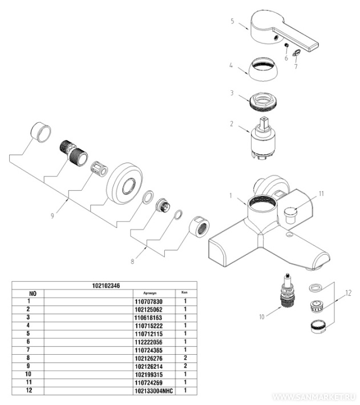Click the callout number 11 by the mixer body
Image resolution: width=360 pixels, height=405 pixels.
coord(321,194)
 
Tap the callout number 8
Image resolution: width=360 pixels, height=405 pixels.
coord(132,261)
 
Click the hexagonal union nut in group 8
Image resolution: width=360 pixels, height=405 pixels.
coord(199,227)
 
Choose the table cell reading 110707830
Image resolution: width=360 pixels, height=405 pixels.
coord(148,301)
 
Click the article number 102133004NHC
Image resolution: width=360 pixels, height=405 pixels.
coord(148,390)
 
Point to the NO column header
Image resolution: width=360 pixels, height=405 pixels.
coord(33,293)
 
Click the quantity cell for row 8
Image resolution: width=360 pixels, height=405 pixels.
coord(186,358)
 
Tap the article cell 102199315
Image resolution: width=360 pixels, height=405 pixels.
coord(148,374)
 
